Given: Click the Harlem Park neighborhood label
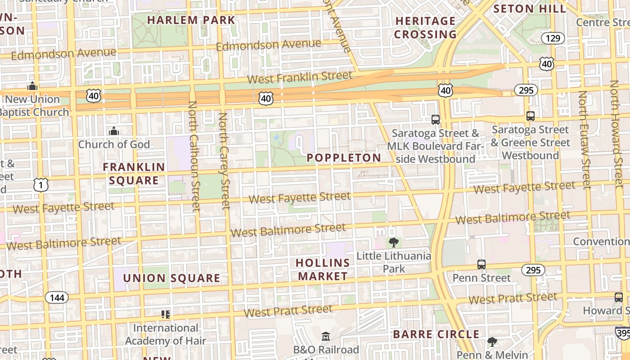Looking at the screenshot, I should (191, 20).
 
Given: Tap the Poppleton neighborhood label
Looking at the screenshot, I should (344, 158).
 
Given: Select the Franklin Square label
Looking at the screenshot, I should (134, 174).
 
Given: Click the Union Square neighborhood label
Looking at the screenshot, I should (171, 278).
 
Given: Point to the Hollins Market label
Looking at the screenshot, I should (323, 269).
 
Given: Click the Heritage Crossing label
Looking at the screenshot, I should (425, 27).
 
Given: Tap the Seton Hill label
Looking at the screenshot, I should (530, 9).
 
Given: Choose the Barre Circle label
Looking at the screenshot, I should (436, 334).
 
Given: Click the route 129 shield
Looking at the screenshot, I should (553, 38).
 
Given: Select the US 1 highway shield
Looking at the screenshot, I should (41, 184).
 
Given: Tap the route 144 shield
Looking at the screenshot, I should (57, 297).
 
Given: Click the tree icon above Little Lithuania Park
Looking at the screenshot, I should (394, 243).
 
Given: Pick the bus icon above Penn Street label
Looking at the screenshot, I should (481, 264).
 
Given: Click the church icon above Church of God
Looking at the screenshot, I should (114, 131).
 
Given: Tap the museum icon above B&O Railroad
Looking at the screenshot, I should (326, 336).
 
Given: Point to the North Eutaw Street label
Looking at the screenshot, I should (584, 139).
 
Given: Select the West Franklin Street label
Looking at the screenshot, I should (299, 77).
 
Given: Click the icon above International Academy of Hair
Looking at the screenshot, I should (166, 315).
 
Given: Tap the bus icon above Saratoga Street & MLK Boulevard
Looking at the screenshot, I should (435, 120).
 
